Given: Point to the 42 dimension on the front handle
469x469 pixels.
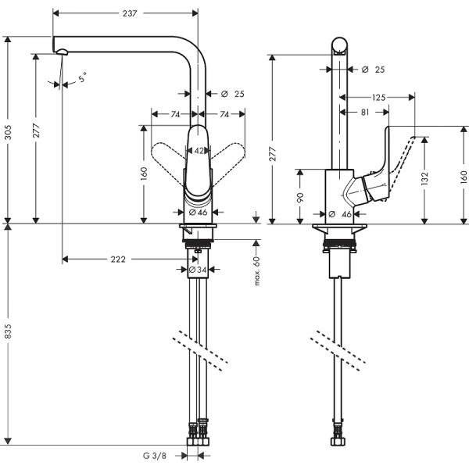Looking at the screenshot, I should click(199, 150).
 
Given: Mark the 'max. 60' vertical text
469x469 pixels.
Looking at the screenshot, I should click(256, 270).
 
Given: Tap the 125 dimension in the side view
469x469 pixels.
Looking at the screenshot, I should click(378, 98).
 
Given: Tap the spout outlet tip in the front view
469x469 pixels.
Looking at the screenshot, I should click(61, 52).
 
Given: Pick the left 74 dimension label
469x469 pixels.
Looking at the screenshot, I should click(175, 114).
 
